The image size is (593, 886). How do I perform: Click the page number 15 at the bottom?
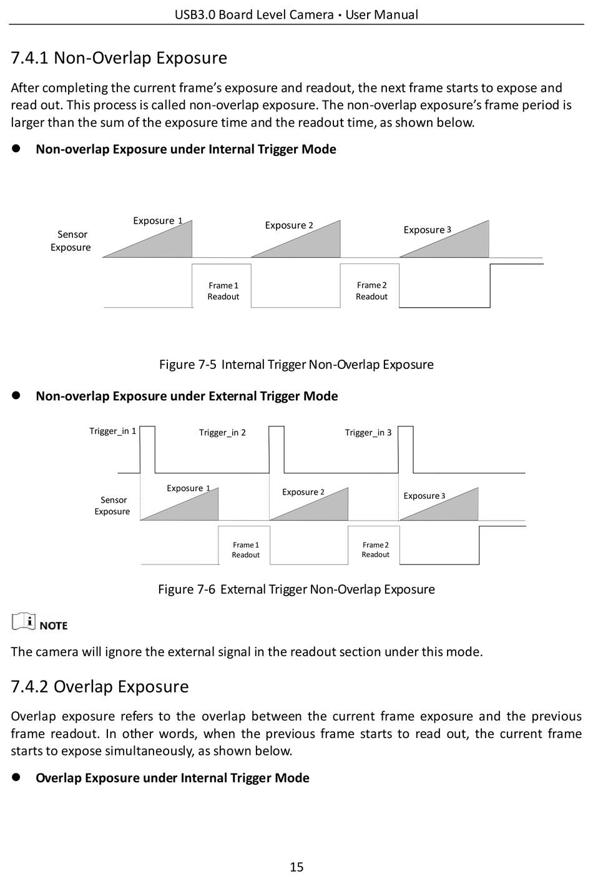(296, 867)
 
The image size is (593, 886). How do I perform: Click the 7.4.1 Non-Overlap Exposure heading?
(119, 58)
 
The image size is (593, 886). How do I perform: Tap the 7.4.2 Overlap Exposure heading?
(100, 687)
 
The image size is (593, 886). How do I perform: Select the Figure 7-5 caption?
(296, 364)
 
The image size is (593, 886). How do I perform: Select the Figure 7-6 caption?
(296, 589)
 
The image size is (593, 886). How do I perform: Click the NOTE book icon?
(24, 621)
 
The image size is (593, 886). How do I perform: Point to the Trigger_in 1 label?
(112, 431)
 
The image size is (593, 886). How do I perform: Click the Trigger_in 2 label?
(222, 433)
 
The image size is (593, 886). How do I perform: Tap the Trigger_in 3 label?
(368, 433)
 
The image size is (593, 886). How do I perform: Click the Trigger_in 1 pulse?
(147, 426)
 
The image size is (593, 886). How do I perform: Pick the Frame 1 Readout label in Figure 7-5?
(223, 291)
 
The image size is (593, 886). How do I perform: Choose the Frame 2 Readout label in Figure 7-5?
(371, 291)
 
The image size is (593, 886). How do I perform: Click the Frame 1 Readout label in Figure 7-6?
(245, 550)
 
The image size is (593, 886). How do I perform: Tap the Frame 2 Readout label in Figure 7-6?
(375, 550)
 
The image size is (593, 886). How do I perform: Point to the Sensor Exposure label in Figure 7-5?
(71, 241)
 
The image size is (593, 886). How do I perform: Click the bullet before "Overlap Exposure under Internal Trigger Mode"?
(16, 777)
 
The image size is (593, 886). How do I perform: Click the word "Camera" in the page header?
(311, 14)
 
